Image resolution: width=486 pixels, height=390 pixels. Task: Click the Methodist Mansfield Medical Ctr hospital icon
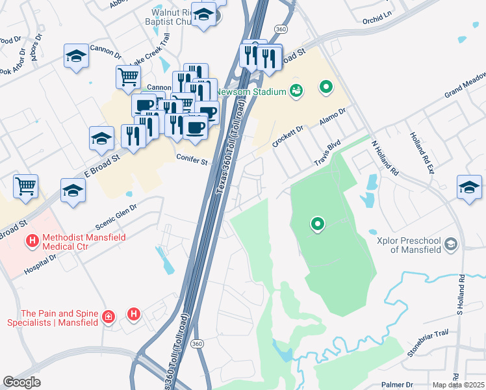pos(31,242)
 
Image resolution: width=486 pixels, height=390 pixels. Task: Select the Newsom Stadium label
pos(255,92)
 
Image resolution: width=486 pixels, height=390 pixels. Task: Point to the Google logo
pos(22,382)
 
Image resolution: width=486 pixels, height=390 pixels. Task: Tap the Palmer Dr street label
pos(398,383)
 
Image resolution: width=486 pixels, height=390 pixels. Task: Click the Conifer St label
pos(191,159)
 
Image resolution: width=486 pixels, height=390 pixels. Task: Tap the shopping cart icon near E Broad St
pos(25,185)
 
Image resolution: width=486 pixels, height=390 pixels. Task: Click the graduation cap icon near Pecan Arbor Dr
pos(76,56)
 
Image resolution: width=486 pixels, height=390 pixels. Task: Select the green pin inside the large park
pos(318,224)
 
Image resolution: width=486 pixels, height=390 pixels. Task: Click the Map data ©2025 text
pos(458,385)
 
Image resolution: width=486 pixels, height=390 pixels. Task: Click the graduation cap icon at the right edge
pos(469,186)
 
